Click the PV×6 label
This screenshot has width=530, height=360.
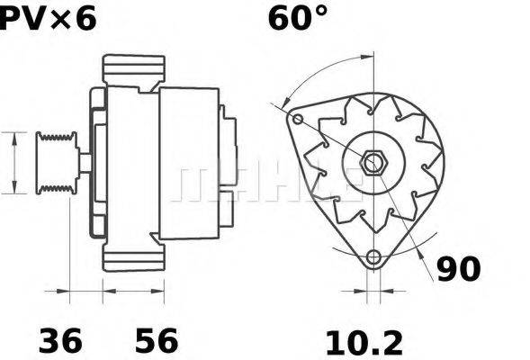pyautogui.click(x=47, y=17)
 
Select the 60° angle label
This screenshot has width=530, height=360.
pyautogui.click(x=298, y=17)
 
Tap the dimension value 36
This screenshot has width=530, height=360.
pyautogui.click(x=60, y=341)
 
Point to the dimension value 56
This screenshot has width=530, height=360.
pyautogui.click(x=157, y=341)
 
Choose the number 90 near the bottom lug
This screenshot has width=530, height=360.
pyautogui.click(x=458, y=269)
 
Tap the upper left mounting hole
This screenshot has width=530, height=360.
pyautogui.click(x=298, y=119)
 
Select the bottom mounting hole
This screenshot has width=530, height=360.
pyautogui.click(x=373, y=257)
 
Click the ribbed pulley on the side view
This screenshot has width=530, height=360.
pyautogui.click(x=56, y=162)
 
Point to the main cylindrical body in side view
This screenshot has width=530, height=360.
pyautogui.click(x=189, y=162)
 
